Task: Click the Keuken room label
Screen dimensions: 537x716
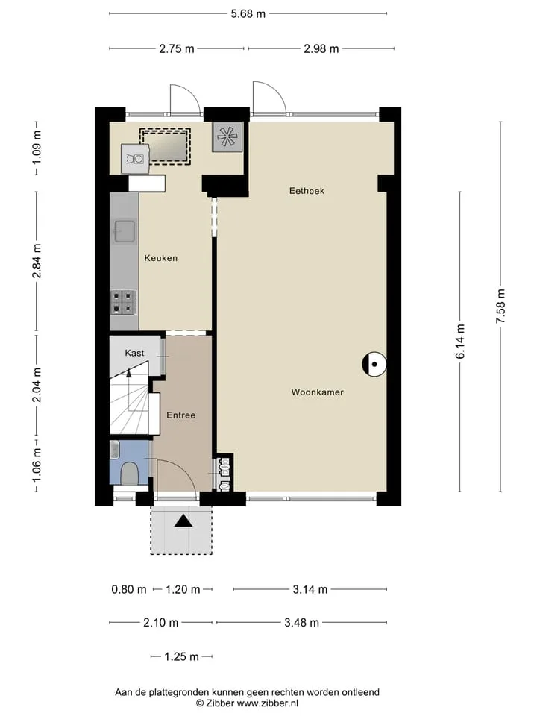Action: pos(161,258)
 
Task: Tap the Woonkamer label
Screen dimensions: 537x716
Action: pos(318,392)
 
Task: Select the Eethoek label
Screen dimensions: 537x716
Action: pos(307,191)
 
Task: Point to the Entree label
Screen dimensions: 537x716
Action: pos(180,415)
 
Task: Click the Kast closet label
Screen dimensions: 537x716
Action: pos(134,353)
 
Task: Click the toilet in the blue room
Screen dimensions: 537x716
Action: pos(129,474)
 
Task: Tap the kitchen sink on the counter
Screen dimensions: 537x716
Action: pos(125,231)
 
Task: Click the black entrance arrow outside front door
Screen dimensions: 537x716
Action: pos(183,521)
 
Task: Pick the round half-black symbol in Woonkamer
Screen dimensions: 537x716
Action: pos(374,365)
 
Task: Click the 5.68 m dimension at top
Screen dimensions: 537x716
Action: pos(248,13)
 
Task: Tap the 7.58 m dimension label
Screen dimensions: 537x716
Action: pos(500,307)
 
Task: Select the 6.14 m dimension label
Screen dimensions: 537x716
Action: pos(460,341)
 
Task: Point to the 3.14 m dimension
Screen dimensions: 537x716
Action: pos(310,589)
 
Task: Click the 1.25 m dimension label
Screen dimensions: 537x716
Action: pos(181,656)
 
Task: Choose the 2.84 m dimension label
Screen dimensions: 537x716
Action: pos(37,261)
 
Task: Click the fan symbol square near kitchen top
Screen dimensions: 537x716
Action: pos(227,137)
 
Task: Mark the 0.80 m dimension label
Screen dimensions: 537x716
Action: pos(129,589)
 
